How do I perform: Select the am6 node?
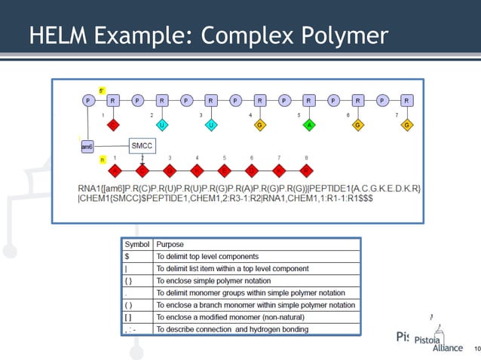pos(87,148)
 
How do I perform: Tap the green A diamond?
pos(309,124)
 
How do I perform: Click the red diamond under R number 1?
pos(112,124)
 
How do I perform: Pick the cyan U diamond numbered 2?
pos(162,124)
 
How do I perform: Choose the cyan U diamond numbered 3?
pos(211,124)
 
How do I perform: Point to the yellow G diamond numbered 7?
pos(406,124)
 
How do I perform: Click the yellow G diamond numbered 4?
pos(260,124)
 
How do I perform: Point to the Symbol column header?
pos(136,244)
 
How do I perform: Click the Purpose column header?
pos(170,244)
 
